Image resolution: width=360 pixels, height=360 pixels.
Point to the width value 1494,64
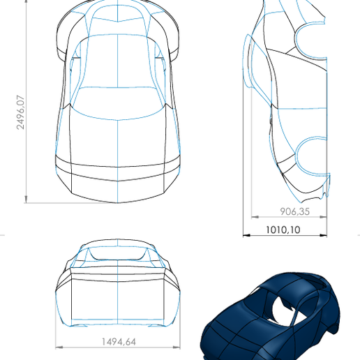(117, 341)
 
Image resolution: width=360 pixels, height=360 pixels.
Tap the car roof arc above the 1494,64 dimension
(117, 246)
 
